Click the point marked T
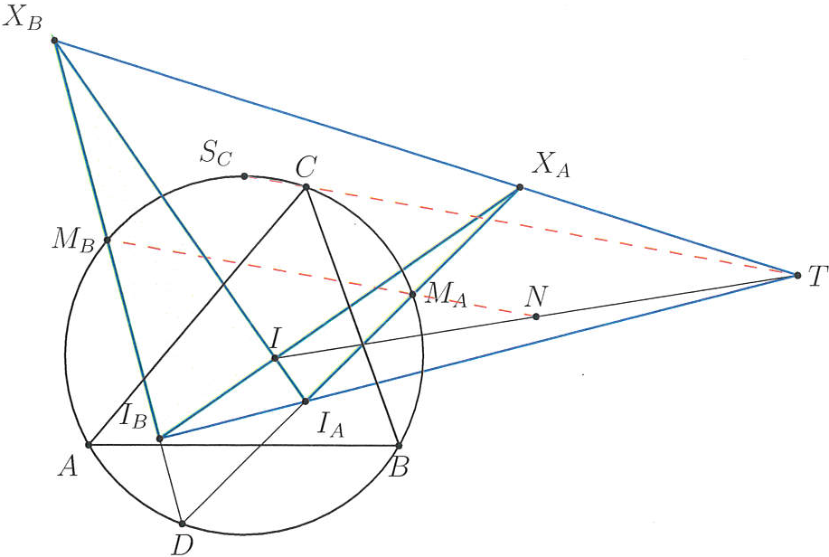point(797,275)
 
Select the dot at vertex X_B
point(54,40)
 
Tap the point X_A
point(519,187)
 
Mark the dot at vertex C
point(306,187)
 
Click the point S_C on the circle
point(244,175)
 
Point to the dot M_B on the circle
point(107,241)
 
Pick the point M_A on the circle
point(413,294)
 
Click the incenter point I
point(275,358)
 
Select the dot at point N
point(536,316)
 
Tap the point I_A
point(305,401)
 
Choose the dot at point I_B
point(160,438)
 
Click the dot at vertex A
point(89,445)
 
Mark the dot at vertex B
point(400,446)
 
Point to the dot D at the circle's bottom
point(182,524)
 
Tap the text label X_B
point(23,18)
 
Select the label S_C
point(216,154)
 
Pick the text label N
point(535,297)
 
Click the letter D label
point(182,545)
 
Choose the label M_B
point(73,241)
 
